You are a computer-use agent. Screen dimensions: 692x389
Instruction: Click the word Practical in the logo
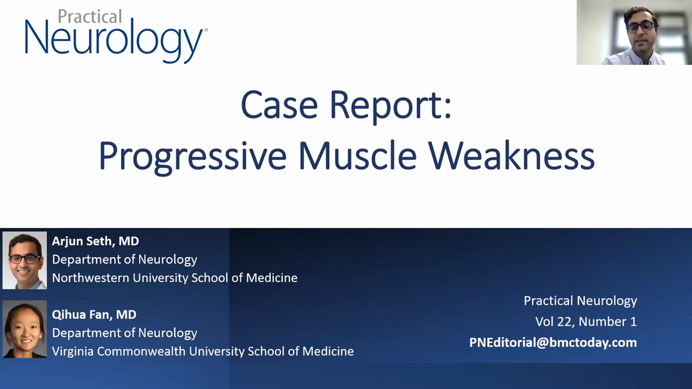point(89,16)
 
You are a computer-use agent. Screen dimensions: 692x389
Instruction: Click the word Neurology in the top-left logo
point(116,41)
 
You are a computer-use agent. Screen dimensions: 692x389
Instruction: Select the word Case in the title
point(279,105)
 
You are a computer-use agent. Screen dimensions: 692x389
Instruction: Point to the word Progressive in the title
point(192,157)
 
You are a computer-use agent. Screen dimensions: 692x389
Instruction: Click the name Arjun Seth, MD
point(95,241)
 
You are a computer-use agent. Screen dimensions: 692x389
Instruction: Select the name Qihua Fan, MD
point(94,314)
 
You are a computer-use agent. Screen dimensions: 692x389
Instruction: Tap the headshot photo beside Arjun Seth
point(25,260)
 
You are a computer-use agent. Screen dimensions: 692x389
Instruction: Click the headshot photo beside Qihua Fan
point(25,329)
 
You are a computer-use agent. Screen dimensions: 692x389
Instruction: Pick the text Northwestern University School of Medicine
point(175,278)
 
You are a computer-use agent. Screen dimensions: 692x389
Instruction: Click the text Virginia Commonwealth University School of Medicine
point(203,351)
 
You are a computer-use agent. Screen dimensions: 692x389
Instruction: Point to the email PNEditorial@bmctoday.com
point(553,343)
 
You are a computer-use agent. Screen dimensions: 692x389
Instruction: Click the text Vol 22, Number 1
point(586,322)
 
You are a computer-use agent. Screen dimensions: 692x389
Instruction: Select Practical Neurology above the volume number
point(580,301)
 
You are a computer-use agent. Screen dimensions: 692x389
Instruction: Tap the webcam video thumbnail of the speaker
point(634,32)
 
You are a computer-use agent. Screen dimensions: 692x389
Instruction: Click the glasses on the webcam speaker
point(640,27)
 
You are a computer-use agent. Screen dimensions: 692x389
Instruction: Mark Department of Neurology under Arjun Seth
point(125,260)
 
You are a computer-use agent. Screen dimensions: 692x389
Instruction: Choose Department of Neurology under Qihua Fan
point(125,334)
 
